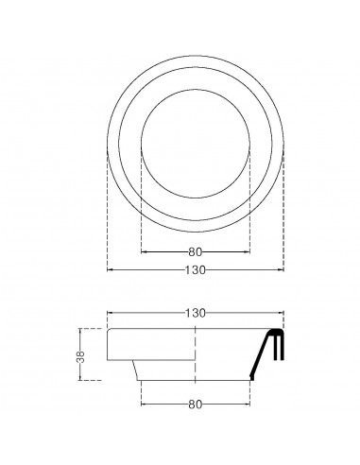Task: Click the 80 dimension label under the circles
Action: [x=196, y=252]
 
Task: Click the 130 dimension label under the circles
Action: [x=196, y=270]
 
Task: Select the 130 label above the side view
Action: [x=196, y=312]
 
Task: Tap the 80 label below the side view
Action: [x=196, y=405]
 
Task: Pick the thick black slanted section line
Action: [x=260, y=356]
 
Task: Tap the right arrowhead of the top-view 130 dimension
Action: [x=283, y=270]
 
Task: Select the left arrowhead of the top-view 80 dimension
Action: [x=144, y=252]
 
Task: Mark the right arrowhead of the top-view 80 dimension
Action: [x=249, y=252]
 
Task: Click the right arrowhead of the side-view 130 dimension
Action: [x=283, y=312]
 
